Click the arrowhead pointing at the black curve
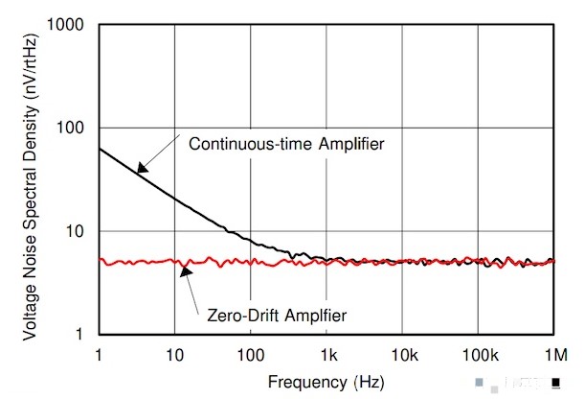coord(140,171)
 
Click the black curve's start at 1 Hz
coord(99,148)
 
